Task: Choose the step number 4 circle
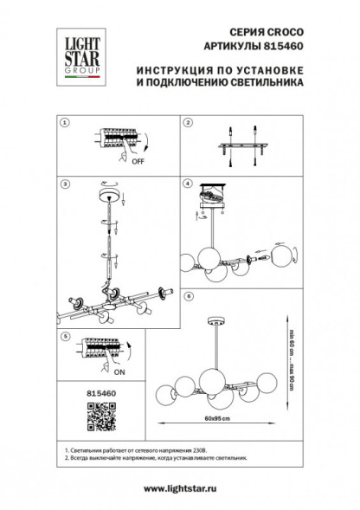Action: point(188,184)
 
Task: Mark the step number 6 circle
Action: point(188,296)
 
